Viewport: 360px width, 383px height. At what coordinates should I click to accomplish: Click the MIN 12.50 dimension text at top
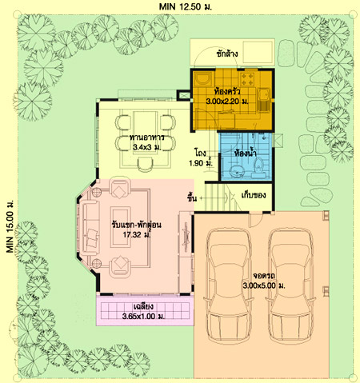tap(186, 6)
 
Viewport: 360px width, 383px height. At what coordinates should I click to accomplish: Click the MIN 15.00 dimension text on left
tap(10, 226)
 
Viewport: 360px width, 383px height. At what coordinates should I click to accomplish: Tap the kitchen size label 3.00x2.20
tap(227, 102)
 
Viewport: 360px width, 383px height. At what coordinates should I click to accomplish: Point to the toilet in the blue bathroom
tap(258, 168)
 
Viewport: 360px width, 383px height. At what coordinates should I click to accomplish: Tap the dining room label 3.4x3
tap(146, 147)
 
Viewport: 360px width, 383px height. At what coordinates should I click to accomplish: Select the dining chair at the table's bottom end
tap(145, 164)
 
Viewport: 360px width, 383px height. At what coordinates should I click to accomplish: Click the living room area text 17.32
tap(136, 235)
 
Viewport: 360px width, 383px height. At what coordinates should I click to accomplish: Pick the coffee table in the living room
tap(121, 227)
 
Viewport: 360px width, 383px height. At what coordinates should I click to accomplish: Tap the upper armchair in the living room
tap(120, 188)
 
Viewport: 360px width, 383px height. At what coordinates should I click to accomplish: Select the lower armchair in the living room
tap(120, 265)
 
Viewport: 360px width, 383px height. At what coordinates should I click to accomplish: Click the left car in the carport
tap(229, 285)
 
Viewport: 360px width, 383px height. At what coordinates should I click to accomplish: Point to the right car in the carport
tap(290, 285)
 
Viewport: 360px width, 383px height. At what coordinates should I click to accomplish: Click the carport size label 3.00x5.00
tap(264, 285)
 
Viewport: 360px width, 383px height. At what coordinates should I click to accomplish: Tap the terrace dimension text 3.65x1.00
tap(143, 317)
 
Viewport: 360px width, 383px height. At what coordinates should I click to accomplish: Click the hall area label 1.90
tap(201, 162)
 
